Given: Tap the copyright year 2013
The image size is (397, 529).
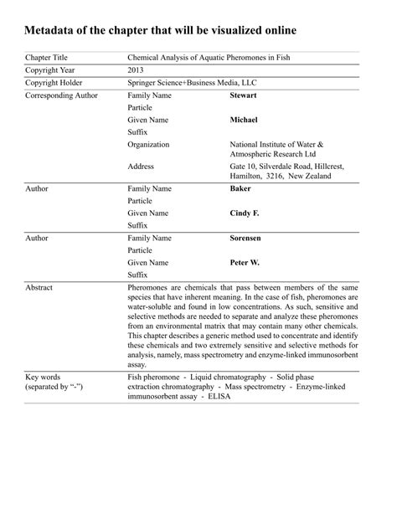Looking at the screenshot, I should [138, 70].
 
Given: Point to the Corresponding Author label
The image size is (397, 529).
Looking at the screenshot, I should [62, 96].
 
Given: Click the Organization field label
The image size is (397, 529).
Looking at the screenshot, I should [148, 145].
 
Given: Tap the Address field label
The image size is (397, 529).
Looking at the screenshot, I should [141, 167].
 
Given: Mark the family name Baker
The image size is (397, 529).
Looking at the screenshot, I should [240, 189].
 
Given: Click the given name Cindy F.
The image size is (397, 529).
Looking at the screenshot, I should [245, 213].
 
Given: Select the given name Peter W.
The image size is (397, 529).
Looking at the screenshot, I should [245, 263].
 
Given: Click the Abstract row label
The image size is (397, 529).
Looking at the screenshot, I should [39, 287].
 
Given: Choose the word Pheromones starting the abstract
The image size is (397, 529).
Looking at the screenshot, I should [151, 287].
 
